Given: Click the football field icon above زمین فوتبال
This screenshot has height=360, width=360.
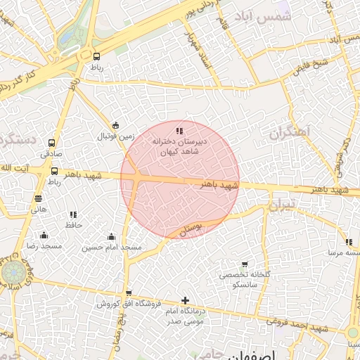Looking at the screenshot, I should click(x=116, y=126).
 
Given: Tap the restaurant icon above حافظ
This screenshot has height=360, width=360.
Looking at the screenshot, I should click(x=72, y=214).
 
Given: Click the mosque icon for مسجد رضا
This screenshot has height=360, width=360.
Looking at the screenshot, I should click(x=44, y=236).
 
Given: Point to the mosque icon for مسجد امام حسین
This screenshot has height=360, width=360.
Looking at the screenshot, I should click(x=111, y=236).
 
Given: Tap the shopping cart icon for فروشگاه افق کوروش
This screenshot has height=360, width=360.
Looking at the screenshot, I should click(x=128, y=293).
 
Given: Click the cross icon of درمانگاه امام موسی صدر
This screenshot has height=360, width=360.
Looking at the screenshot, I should click(x=185, y=300).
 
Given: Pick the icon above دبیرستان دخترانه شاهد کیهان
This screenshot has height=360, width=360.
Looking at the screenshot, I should click(x=179, y=130).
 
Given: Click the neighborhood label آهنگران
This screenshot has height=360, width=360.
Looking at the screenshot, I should click(x=289, y=132).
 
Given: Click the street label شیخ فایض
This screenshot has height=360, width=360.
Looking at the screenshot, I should click(x=307, y=67).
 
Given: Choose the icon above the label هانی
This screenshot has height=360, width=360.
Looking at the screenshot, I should click(x=38, y=199).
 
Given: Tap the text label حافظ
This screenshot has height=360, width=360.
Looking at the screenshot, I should click(x=75, y=225).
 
